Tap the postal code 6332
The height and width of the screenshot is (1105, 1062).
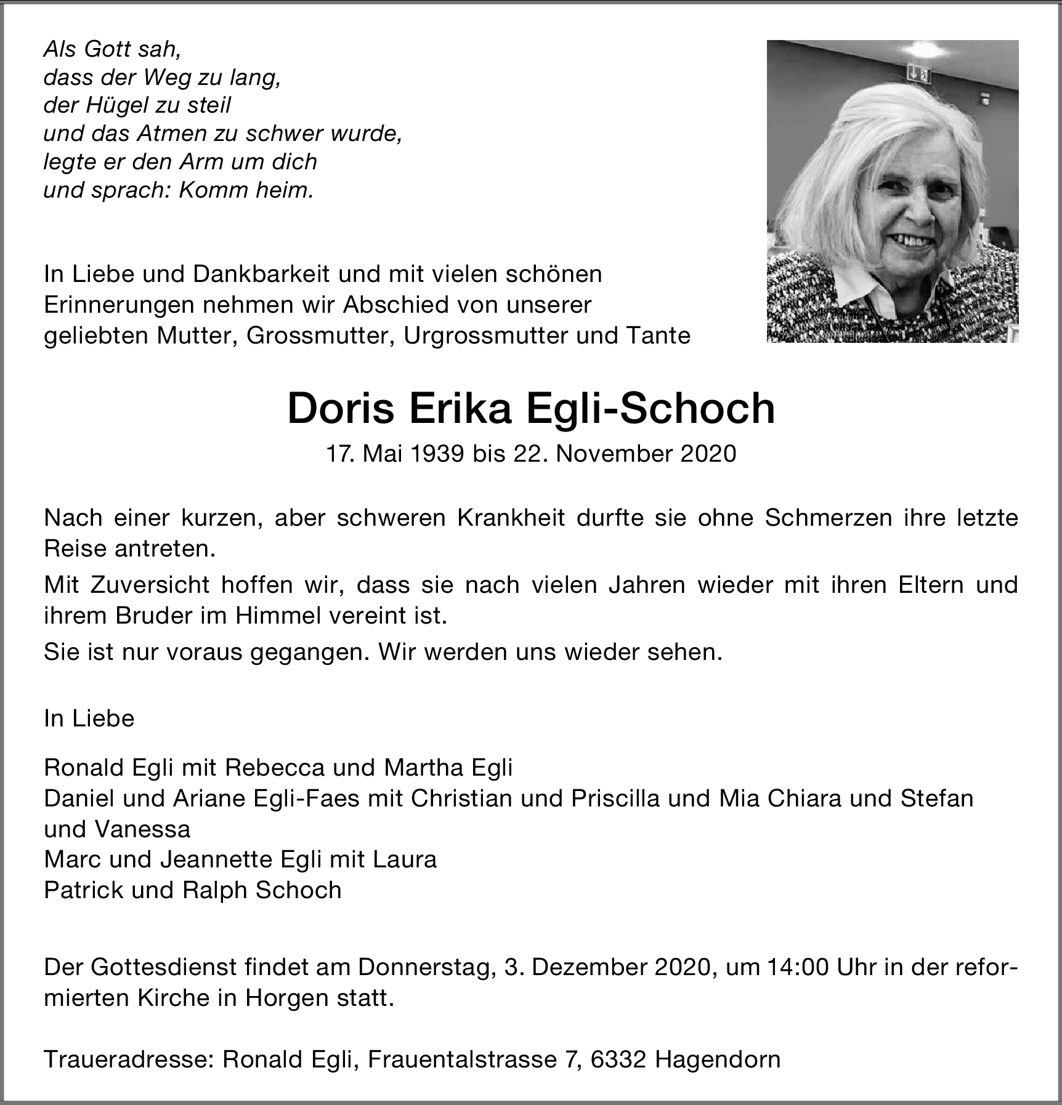(x=618, y=1059)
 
